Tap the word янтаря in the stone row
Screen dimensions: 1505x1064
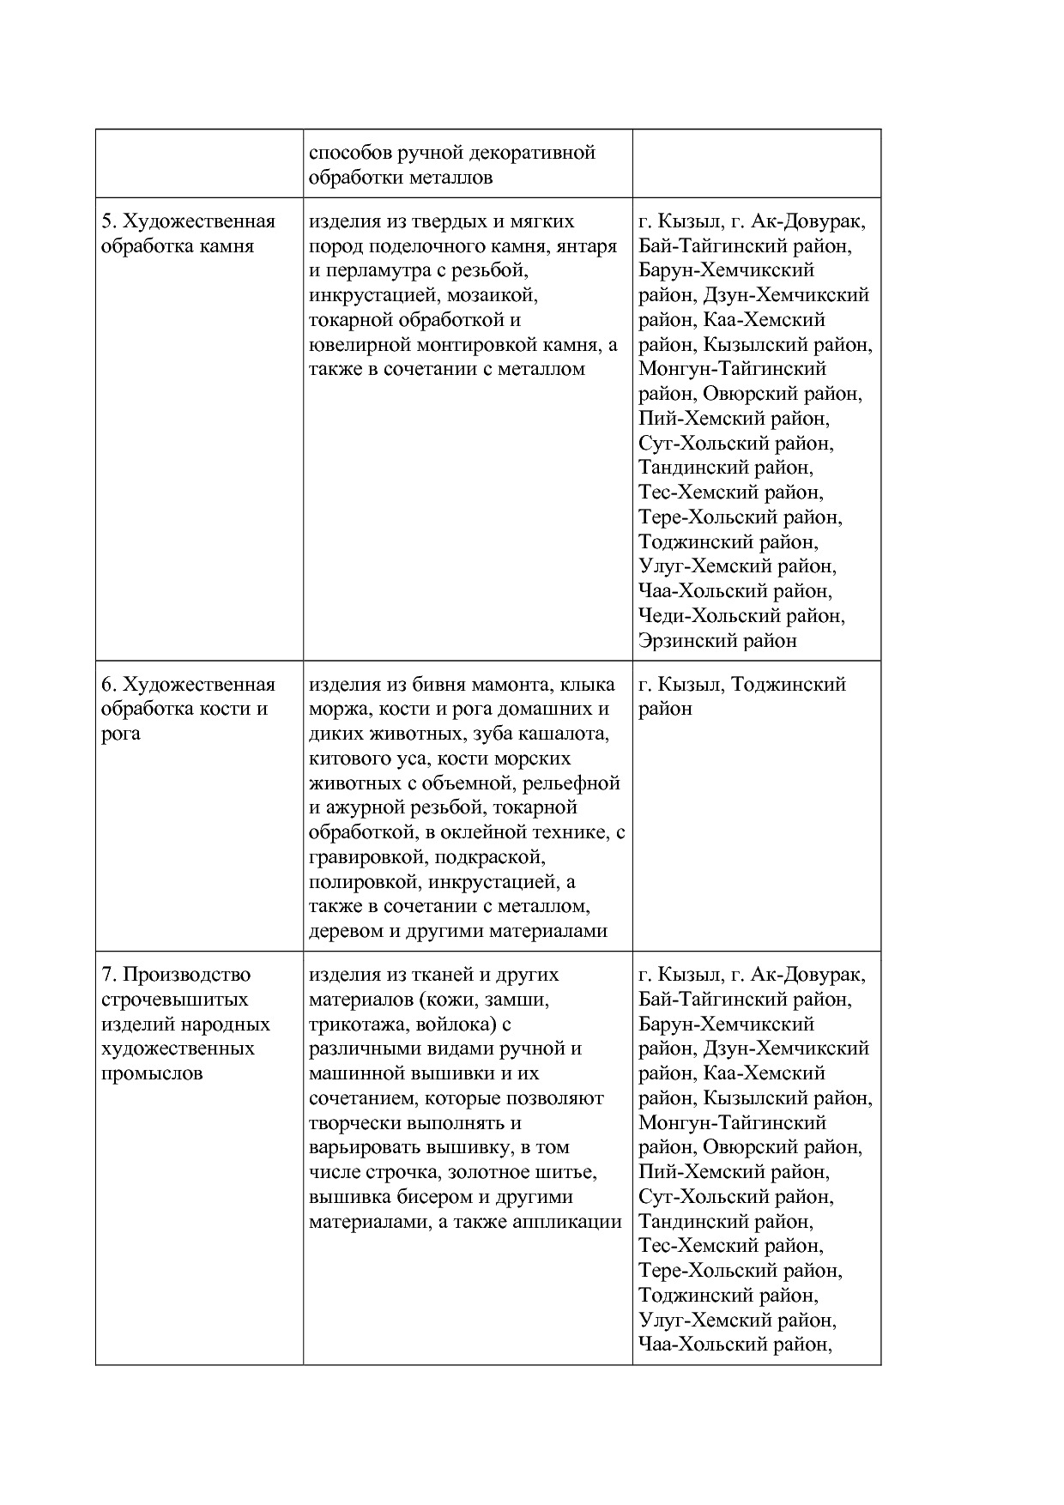pyautogui.click(x=587, y=246)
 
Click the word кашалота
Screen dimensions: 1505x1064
pyautogui.click(x=572, y=734)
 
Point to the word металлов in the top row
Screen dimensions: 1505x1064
pyautogui.click(x=451, y=178)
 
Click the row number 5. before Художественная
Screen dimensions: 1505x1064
pyautogui.click(x=109, y=221)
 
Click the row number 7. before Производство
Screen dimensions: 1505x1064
pyautogui.click(x=109, y=975)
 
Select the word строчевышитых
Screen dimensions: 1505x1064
pyautogui.click(x=175, y=1000)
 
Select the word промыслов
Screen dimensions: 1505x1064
pyautogui.click(x=152, y=1073)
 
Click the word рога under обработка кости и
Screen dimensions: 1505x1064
pyautogui.click(x=121, y=734)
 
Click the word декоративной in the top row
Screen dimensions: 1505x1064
pyautogui.click(x=533, y=153)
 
